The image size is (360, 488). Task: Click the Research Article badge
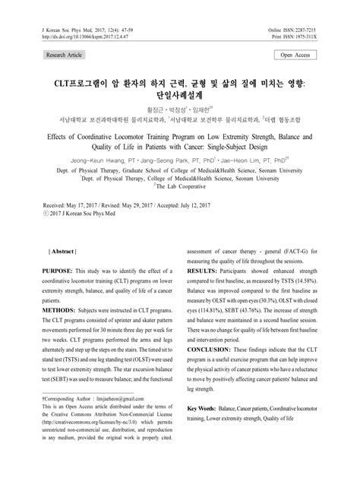[x=66, y=55]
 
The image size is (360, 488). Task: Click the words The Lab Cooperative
[x=182, y=184]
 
